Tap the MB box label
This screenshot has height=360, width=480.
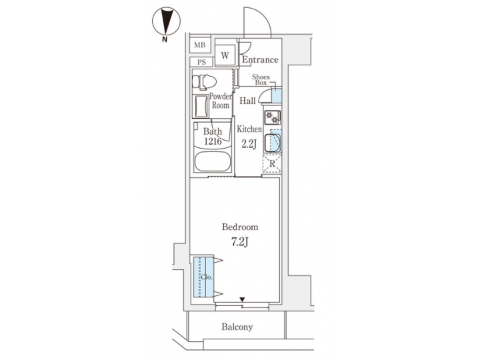click(x=200, y=45)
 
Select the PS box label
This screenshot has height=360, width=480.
click(x=200, y=62)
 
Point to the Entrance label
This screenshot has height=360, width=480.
click(x=260, y=59)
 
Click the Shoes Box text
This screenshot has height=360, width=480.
click(x=261, y=80)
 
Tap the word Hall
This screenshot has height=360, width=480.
click(x=248, y=101)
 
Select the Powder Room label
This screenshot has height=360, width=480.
click(x=221, y=101)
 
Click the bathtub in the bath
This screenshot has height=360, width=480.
click(x=212, y=162)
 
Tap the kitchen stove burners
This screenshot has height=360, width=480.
click(x=271, y=117)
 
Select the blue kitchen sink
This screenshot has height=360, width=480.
click(x=273, y=143)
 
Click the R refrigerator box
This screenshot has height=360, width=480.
click(x=272, y=164)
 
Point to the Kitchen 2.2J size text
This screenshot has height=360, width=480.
click(x=248, y=143)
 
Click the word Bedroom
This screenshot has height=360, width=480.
click(x=240, y=227)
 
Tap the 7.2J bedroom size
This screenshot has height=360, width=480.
click(x=240, y=242)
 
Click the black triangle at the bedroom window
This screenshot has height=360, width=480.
click(x=243, y=299)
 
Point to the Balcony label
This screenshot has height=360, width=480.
click(x=237, y=327)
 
